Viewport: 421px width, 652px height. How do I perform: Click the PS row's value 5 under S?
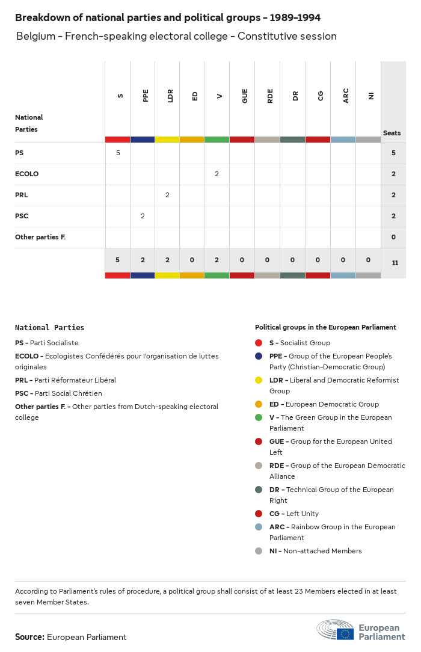[x=118, y=153]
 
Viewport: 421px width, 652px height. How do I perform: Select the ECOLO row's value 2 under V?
[x=217, y=174]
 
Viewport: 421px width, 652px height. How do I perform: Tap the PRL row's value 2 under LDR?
[x=167, y=195]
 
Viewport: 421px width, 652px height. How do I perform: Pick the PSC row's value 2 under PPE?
[x=143, y=216]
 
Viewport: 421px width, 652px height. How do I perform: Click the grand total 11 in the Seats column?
[x=393, y=263]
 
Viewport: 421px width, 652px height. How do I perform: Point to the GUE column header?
[x=245, y=96]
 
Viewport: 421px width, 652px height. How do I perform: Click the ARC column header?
[x=346, y=96]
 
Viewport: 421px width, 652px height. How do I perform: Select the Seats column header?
[x=392, y=133]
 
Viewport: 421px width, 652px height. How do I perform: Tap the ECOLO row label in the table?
[x=26, y=174]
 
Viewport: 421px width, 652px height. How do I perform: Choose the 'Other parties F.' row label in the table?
[x=40, y=237]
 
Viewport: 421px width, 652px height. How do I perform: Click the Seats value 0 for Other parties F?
[x=393, y=237]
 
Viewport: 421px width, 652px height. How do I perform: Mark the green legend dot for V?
[x=259, y=417]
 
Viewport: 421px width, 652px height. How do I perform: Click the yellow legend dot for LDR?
[x=259, y=380]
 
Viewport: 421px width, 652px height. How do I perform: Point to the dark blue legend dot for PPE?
[x=259, y=356]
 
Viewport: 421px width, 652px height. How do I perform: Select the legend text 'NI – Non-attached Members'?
[x=315, y=551]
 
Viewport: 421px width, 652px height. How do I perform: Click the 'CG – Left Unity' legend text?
[x=293, y=514]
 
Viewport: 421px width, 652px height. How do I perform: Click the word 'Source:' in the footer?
[x=29, y=637]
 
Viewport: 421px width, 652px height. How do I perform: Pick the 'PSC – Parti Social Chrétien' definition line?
[x=58, y=393]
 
